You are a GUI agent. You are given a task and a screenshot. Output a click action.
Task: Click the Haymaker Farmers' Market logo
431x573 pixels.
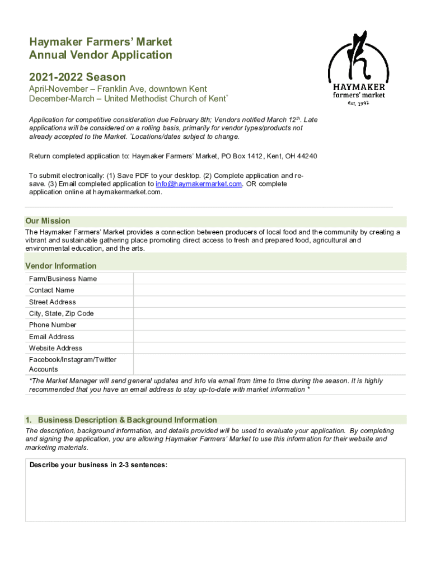point(357,67)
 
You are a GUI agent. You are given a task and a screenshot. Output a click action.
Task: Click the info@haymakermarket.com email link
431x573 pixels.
point(199,184)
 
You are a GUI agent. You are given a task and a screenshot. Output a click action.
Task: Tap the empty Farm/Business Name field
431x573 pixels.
point(269,279)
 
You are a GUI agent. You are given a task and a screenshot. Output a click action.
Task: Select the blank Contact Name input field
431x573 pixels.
point(269,290)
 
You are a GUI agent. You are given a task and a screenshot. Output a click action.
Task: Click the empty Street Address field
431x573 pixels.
point(269,302)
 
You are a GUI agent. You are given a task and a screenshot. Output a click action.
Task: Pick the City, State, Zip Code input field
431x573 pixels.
point(269,313)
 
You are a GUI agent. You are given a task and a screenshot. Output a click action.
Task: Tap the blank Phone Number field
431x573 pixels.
point(269,325)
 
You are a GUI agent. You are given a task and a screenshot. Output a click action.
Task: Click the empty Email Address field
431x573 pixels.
point(269,336)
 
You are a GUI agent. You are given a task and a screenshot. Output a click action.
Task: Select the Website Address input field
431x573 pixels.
point(269,348)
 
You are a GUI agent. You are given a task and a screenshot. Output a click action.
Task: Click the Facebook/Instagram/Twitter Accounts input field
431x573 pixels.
point(269,364)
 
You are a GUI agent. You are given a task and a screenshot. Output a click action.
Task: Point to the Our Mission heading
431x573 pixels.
point(48,221)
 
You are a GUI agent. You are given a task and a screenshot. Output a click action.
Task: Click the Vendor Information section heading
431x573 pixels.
point(61,266)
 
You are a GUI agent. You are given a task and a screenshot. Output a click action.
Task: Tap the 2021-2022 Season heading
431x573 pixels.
point(77,77)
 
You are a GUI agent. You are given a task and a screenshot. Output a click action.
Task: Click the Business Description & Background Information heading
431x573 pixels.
point(127,420)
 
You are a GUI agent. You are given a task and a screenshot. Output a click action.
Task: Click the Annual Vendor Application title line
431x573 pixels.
point(101,55)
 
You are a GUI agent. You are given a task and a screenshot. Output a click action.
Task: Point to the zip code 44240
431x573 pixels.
point(307,156)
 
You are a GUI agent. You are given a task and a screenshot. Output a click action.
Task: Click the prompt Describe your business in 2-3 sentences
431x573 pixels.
point(99,464)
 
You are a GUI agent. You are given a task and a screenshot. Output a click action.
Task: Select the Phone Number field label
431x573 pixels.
point(53,325)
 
